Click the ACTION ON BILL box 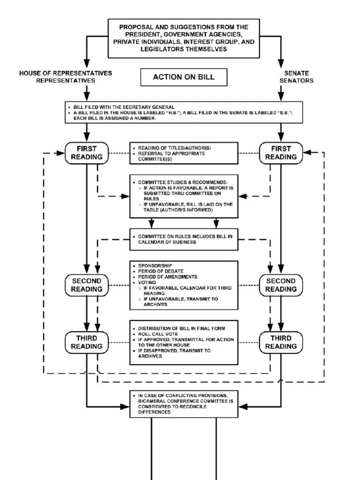coord(184,77)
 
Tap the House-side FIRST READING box coord(87,153)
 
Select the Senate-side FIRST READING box coord(281,153)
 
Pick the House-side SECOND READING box coord(87,285)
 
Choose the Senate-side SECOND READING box coord(281,285)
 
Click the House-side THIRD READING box coord(87,342)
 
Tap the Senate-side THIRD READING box coord(281,342)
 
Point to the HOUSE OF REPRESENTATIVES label coord(66,73)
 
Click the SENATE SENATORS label coord(296,77)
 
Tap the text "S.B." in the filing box coord(285,112)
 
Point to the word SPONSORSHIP coord(155,266)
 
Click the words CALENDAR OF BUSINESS coord(167,242)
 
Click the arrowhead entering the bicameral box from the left coord(125,407)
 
